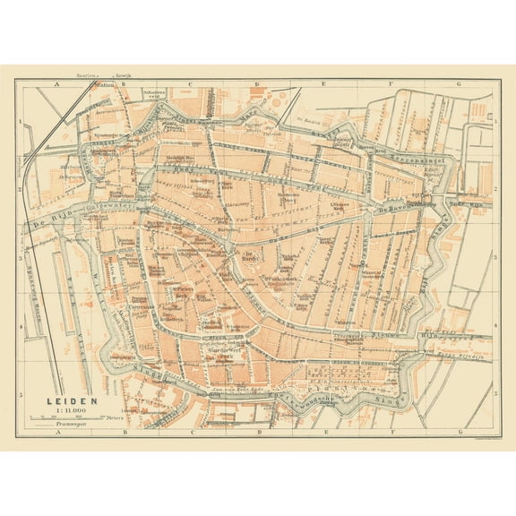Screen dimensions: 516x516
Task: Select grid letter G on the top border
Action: point(458,83)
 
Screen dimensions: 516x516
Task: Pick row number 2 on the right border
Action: point(495,190)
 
